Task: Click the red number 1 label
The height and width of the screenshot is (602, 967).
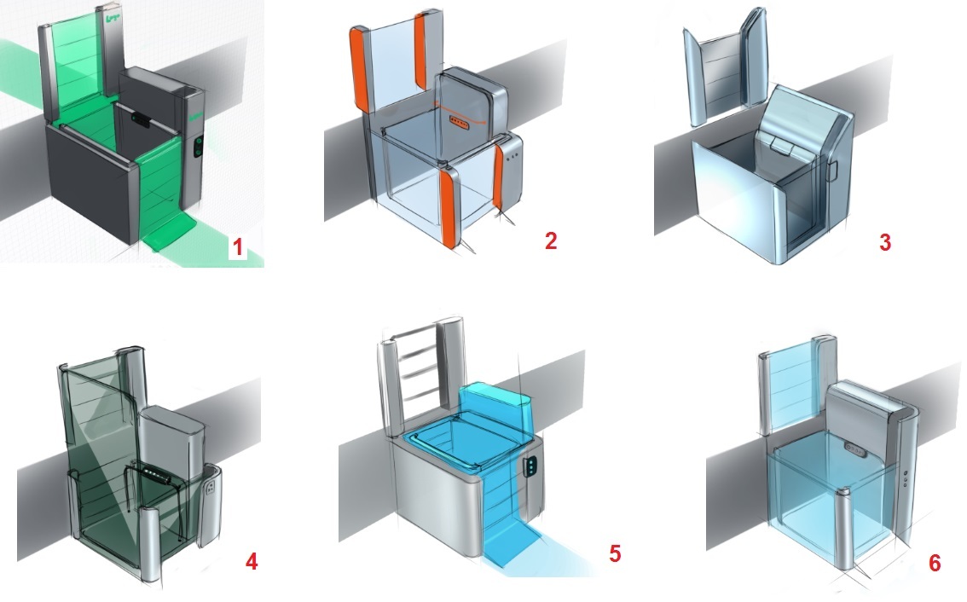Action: pyautogui.click(x=237, y=246)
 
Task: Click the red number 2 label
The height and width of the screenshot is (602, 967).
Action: pyautogui.click(x=551, y=240)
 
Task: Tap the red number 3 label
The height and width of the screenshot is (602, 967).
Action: pyautogui.click(x=885, y=242)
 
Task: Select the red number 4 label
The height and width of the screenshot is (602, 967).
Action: pyautogui.click(x=251, y=561)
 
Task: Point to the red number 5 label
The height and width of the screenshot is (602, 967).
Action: pyautogui.click(x=615, y=553)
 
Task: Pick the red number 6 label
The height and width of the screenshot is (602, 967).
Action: pyautogui.click(x=935, y=563)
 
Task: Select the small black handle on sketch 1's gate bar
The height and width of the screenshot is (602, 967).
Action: pyautogui.click(x=142, y=119)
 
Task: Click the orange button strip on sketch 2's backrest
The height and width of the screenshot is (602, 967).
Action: pyautogui.click(x=460, y=124)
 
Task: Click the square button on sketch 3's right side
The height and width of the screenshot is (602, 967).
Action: pyautogui.click(x=833, y=171)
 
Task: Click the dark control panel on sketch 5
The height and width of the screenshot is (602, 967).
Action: pyautogui.click(x=530, y=467)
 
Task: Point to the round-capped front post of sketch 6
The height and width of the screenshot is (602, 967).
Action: pyautogui.click(x=844, y=526)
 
